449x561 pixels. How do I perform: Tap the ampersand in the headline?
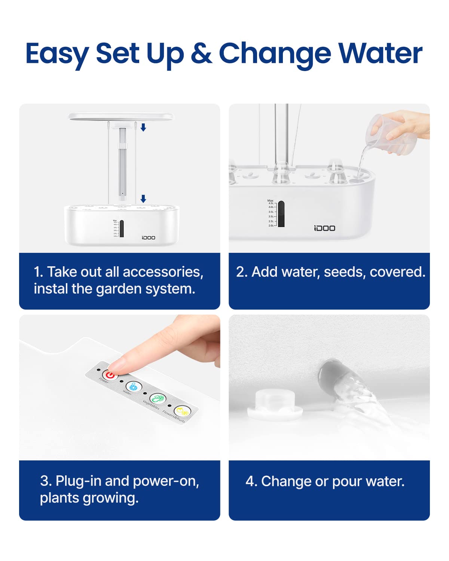[x=201, y=53]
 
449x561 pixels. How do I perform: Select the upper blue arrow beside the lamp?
[x=143, y=128]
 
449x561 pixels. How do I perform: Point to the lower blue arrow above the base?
[x=143, y=199]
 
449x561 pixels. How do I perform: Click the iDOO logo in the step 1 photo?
[x=148, y=237]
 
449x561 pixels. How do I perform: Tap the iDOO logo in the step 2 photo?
[x=324, y=228]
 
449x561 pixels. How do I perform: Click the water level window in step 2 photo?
[x=281, y=214]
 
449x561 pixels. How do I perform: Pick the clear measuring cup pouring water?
[x=389, y=135]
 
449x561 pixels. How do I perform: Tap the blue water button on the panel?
[x=134, y=386]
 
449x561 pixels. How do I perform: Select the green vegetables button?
[x=158, y=399]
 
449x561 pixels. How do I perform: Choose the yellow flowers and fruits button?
[x=182, y=411]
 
